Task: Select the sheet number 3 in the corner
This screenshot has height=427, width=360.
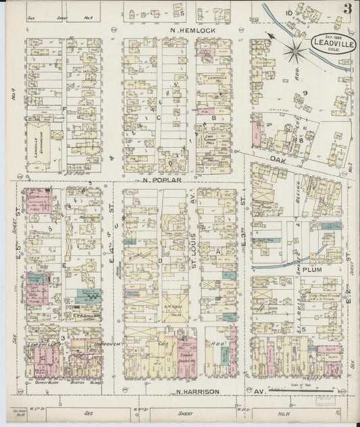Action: click(x=346, y=9)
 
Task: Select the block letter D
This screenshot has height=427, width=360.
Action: click(x=160, y=259)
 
